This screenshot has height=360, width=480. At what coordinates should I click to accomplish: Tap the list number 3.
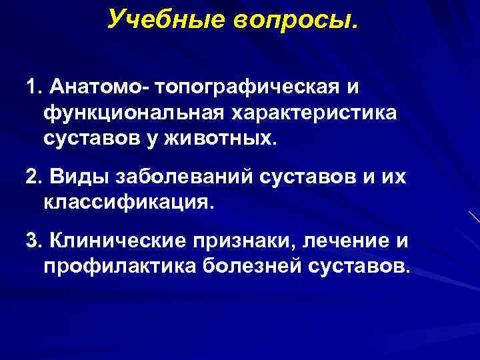pos(32,239)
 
